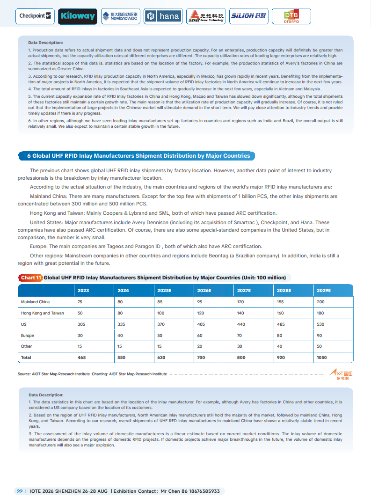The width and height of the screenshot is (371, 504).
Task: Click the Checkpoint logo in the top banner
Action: tap(36, 16)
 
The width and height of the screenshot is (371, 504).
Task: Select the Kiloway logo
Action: tap(78, 16)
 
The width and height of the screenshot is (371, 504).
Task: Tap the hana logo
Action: tap(163, 16)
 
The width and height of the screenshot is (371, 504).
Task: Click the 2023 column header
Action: tap(83, 290)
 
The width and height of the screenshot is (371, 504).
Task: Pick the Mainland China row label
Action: tap(36, 302)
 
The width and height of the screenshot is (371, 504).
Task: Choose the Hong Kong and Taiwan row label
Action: tap(43, 313)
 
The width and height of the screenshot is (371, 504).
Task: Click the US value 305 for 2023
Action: tap(81, 324)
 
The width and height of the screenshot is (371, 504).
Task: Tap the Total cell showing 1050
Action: tap(323, 358)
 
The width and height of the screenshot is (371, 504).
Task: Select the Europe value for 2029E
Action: tap(320, 336)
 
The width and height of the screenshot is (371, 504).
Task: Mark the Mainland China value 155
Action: tap(281, 302)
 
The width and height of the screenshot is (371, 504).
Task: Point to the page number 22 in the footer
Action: tap(19, 491)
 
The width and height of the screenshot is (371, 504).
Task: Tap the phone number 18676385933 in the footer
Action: tap(202, 491)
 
